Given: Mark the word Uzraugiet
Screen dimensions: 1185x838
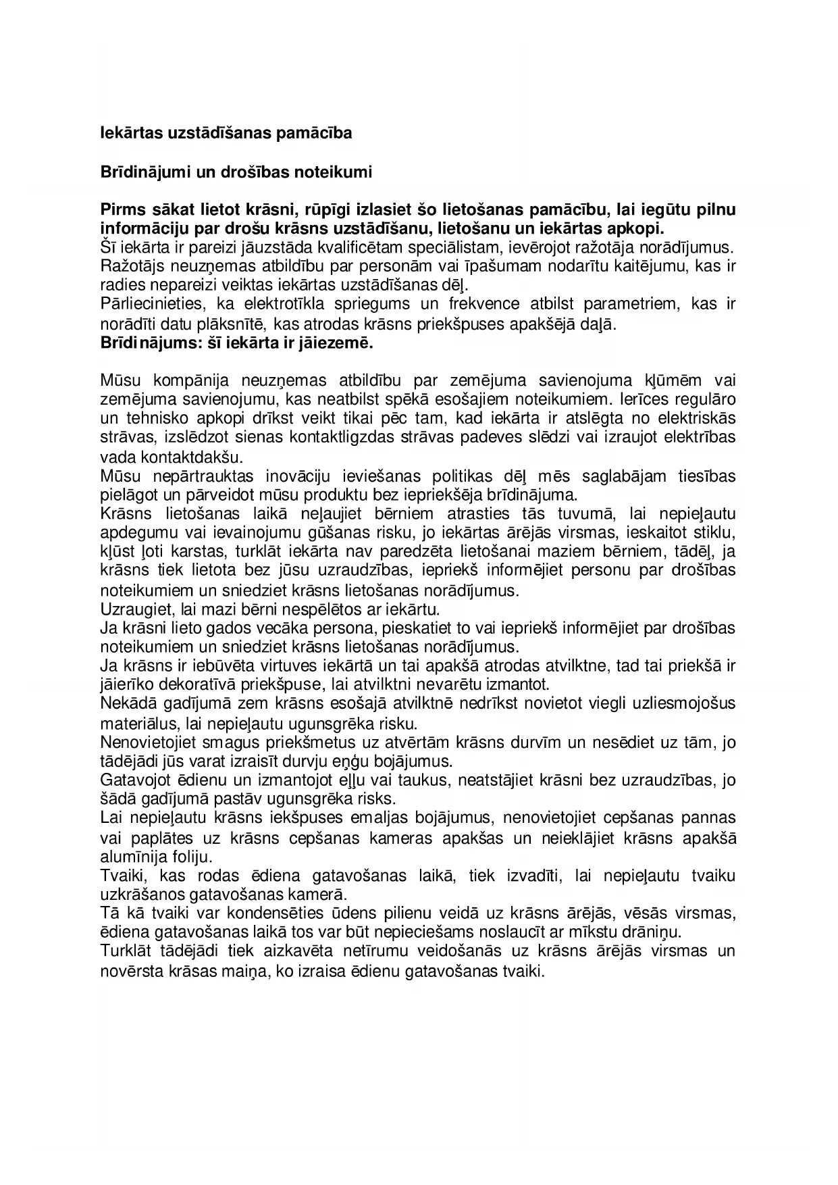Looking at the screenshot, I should tap(130, 609).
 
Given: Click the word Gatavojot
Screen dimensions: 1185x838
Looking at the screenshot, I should tap(130, 780).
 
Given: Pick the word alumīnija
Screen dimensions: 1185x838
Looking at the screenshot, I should tap(128, 857).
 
